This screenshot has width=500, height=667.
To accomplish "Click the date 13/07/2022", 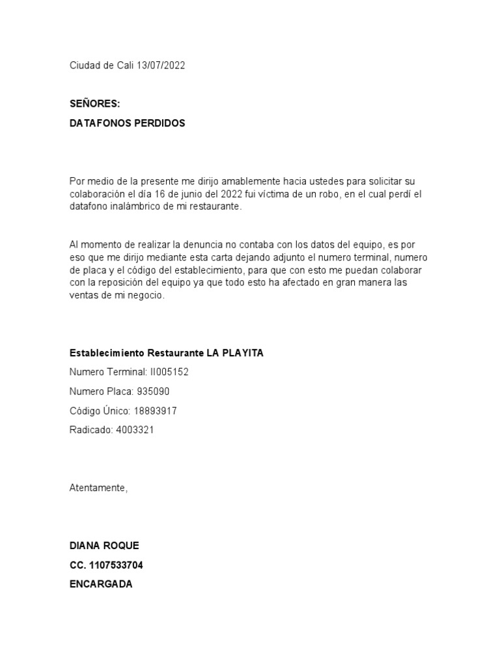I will (x=161, y=66).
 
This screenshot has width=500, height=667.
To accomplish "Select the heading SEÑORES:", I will (x=94, y=104).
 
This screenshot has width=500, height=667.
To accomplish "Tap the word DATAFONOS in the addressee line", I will (x=100, y=123).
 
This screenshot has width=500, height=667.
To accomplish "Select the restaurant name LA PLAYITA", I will (x=235, y=353).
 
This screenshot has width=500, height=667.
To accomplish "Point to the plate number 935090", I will (x=154, y=391).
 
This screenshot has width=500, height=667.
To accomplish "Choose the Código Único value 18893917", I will (x=155, y=411).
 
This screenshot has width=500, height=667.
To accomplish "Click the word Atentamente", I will (x=98, y=488).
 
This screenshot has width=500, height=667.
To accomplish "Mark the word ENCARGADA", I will (x=101, y=584).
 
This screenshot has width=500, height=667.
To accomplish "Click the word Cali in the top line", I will (x=125, y=66).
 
